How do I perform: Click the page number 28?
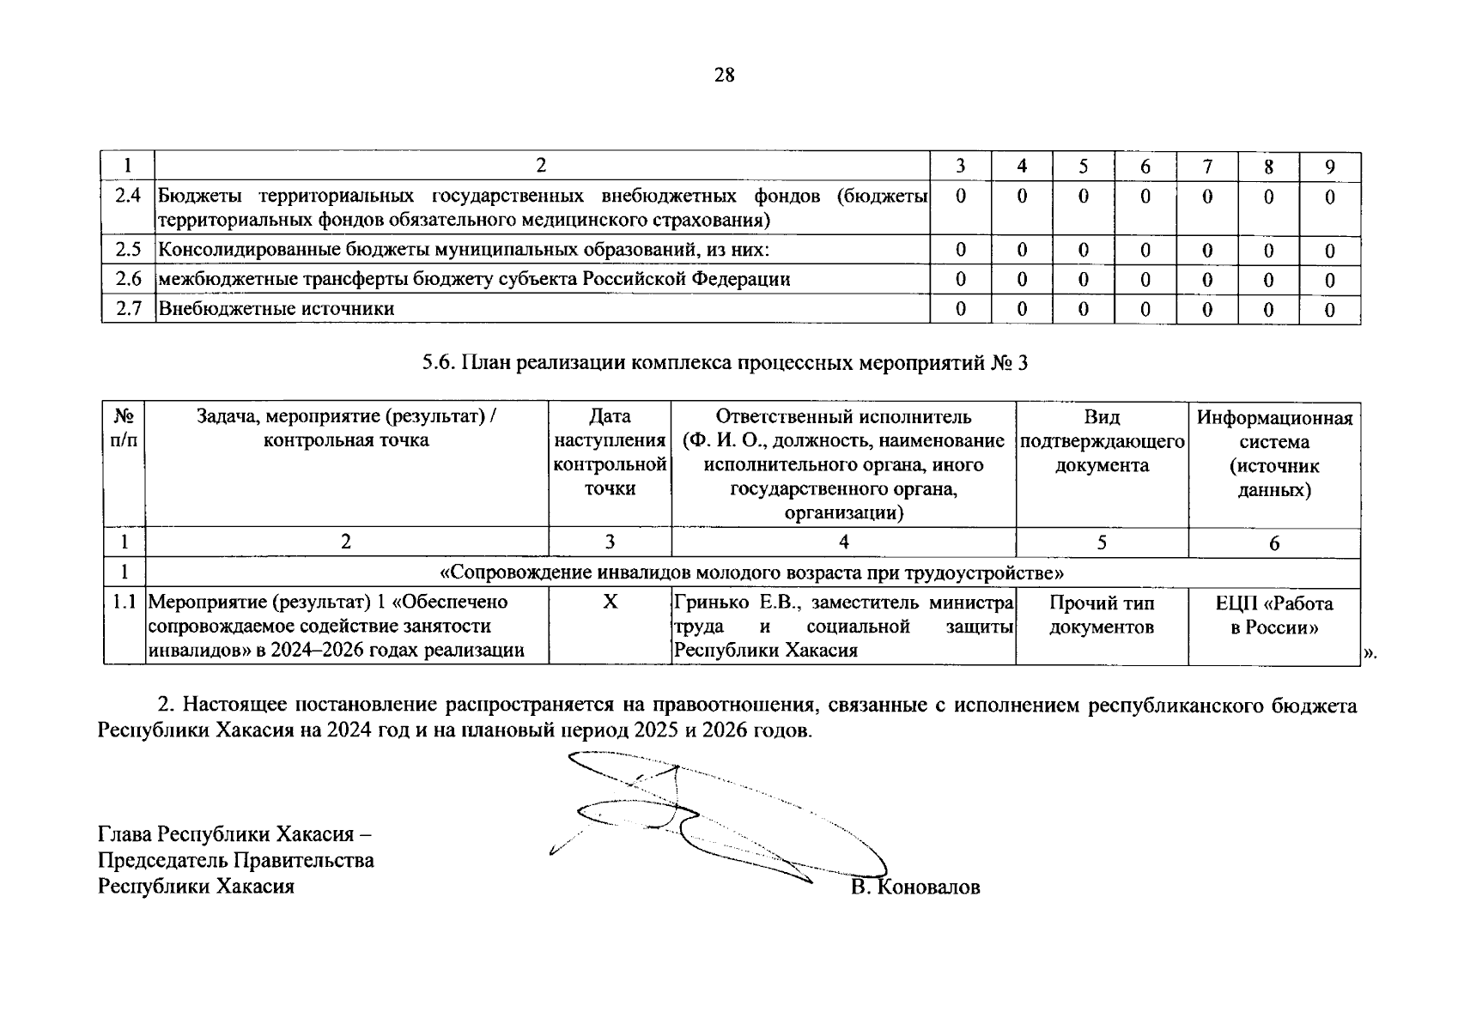pos(724,76)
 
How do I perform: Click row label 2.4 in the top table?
pos(128,196)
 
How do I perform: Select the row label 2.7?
pos(128,309)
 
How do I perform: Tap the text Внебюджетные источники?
pos(276,309)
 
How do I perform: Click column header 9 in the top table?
pos(1329,167)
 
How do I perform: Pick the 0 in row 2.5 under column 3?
pos(960,251)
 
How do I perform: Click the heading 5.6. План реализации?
pos(724,363)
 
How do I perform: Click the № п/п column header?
pos(125,429)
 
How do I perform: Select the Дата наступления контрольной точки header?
pos(610,452)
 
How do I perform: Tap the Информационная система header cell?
pos(1274,453)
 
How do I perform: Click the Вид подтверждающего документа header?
pos(1102,441)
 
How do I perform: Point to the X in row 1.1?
pos(610,603)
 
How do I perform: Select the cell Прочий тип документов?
pos(1102,615)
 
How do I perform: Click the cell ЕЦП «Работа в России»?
pos(1274,615)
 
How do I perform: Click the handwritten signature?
pos(721,820)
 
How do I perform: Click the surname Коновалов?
pos(930,887)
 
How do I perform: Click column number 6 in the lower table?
pos(1274,542)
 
